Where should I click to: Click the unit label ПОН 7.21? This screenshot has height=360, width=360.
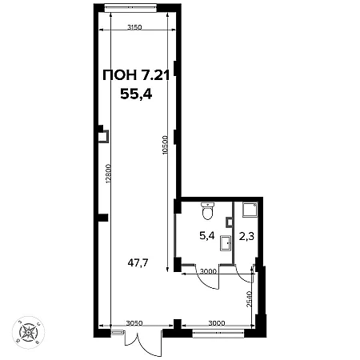click(x=136, y=75)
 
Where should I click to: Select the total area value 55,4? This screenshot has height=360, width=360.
click(x=136, y=94)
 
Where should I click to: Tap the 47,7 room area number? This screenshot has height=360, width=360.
click(x=138, y=263)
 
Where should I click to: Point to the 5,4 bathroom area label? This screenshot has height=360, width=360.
click(x=207, y=236)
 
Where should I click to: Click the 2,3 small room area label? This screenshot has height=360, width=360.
click(x=246, y=236)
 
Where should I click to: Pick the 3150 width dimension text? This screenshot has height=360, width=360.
click(x=134, y=27)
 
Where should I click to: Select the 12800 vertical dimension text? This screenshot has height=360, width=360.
click(x=108, y=174)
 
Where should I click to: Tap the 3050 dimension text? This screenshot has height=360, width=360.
click(x=134, y=323)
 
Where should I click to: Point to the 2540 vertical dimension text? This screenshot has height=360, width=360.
click(x=249, y=299)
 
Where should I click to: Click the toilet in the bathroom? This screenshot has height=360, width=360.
click(x=208, y=210)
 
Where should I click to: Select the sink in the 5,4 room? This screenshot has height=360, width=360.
click(x=226, y=243)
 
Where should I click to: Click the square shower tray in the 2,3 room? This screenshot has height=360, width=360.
click(x=250, y=210)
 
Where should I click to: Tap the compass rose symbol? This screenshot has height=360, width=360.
click(x=28, y=332)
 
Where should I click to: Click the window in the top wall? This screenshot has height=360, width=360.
click(x=130, y=7)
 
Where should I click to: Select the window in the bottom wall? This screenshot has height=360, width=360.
click(x=218, y=333)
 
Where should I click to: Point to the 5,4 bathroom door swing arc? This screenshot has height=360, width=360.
click(x=206, y=282)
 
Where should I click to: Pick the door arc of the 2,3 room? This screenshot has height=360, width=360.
click(x=243, y=278)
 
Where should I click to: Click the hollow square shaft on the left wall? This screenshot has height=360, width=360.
click(x=103, y=136)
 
